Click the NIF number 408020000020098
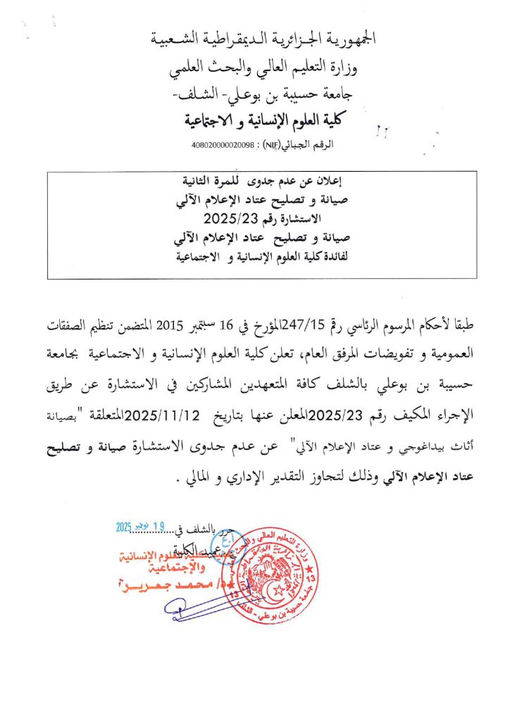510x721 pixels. coord(220,145)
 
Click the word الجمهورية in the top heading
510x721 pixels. coord(344,39)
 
